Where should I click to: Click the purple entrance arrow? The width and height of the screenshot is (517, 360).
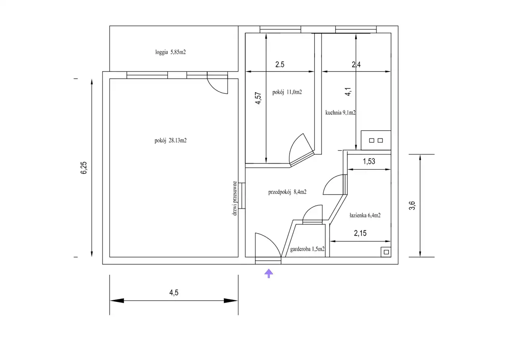269,274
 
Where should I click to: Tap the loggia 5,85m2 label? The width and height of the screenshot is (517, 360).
170,52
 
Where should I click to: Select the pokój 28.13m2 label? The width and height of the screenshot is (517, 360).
170,140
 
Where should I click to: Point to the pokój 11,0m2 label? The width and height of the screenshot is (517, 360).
287,92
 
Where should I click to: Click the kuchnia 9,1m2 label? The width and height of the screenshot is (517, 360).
340,113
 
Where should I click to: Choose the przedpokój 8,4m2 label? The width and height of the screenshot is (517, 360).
287,192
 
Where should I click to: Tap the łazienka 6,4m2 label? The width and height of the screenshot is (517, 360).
365,215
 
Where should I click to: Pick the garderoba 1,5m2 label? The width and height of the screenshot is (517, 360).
307,249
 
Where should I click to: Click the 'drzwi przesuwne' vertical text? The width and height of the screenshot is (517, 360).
235,198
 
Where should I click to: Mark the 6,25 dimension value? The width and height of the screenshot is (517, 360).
84,168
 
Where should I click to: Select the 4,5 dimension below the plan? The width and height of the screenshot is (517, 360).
174,293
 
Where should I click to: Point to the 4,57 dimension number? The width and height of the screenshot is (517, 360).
258,98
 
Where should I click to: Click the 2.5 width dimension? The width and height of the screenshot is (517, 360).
280,64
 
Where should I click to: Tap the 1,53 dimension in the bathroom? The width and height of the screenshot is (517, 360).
369,161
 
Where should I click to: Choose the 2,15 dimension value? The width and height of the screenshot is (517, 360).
360,233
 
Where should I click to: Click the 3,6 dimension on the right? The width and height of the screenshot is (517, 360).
412,206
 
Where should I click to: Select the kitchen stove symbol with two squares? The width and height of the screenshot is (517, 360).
376,140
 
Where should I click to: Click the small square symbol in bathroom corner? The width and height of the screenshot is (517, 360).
386,252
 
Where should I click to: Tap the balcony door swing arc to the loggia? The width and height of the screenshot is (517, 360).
214,89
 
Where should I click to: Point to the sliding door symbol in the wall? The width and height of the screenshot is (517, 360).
242,196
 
